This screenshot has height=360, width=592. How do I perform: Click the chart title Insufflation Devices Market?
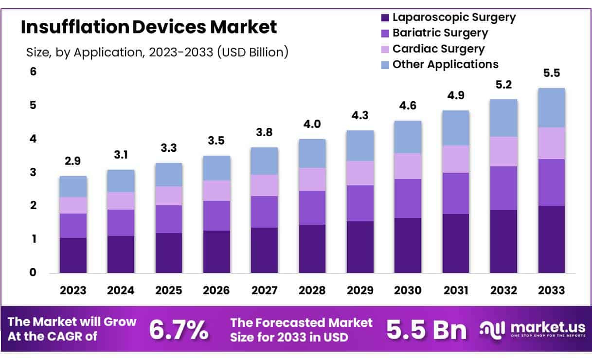pyautogui.click(x=149, y=27)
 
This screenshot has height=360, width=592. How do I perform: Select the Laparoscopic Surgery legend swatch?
pyautogui.click(x=385, y=18)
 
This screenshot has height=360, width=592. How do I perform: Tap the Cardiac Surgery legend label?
pyautogui.click(x=438, y=49)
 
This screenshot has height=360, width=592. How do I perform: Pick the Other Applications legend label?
pyautogui.click(x=445, y=64)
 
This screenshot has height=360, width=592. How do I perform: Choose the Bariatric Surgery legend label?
pyautogui.click(x=440, y=33)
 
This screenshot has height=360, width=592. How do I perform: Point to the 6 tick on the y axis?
pyautogui.click(x=34, y=72)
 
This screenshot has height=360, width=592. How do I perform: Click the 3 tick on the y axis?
pyautogui.click(x=34, y=172)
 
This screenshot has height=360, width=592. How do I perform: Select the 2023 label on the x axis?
pyautogui.click(x=73, y=291)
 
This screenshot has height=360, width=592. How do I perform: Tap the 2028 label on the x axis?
pyautogui.click(x=312, y=291)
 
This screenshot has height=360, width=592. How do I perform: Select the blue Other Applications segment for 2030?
pyautogui.click(x=408, y=137)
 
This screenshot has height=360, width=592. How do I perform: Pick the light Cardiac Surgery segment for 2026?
pyautogui.click(x=216, y=191)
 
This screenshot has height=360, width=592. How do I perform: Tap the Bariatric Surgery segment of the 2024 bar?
pyautogui.click(x=121, y=223)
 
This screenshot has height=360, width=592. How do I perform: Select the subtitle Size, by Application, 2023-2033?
pyautogui.click(x=157, y=52)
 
